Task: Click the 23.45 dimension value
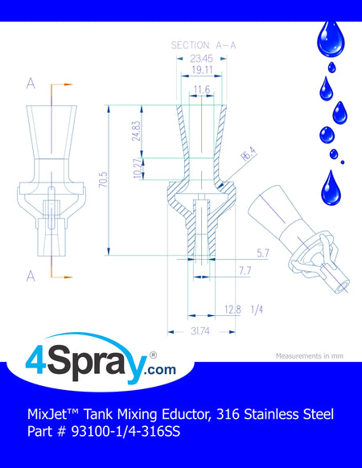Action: (201, 59)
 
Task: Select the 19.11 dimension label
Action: (202, 70)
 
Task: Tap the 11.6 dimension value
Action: (202, 89)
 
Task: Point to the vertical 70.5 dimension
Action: (103, 179)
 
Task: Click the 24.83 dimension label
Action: (136, 131)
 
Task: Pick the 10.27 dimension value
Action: (138, 169)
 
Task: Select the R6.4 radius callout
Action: (249, 154)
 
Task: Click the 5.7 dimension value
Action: (263, 253)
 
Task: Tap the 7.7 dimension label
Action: (245, 271)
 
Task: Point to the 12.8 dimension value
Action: (233, 310)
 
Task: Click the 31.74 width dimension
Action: (200, 331)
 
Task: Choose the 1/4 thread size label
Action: (257, 310)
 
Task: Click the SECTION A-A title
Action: (204, 45)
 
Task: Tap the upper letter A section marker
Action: (31, 84)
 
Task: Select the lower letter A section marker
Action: (31, 277)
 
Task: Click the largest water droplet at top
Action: (331, 39)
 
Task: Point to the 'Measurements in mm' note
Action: (310, 355)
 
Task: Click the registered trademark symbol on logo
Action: (153, 355)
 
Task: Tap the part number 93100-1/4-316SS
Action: (125, 431)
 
